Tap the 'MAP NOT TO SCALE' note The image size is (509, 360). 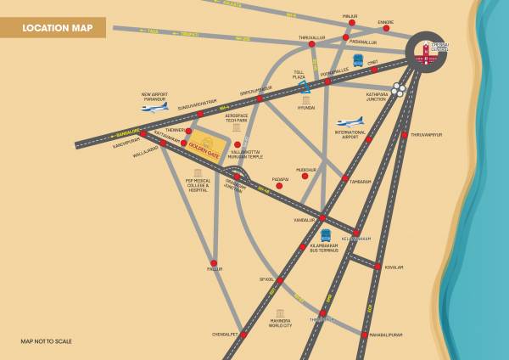(46, 341)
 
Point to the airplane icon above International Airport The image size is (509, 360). (350, 122)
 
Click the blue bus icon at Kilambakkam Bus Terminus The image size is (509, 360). (326, 235)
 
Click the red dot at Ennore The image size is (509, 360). (386, 28)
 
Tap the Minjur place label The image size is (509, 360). (350, 16)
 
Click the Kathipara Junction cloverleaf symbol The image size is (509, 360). (400, 89)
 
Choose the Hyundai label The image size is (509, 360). (306, 109)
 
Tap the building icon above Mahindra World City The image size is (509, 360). (280, 313)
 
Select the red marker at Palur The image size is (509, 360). (214, 262)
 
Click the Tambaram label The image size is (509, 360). (361, 180)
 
